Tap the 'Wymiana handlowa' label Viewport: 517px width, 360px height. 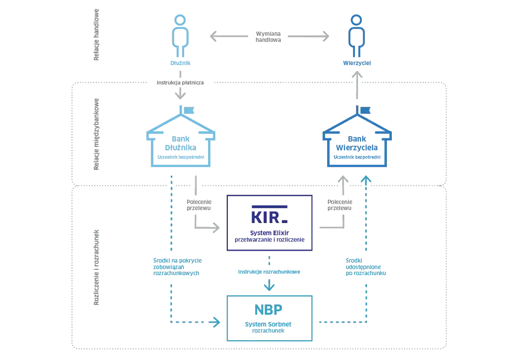click(268, 37)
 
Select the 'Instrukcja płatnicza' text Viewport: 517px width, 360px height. click(180, 83)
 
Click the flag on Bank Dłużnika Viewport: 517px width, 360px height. click(189, 110)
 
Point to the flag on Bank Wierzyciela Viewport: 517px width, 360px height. click(366, 110)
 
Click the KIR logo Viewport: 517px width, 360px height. click(269, 214)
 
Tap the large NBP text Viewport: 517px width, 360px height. click(268, 309)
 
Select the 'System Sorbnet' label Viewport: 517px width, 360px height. click(268, 324)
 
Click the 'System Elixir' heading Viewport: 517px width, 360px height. click(269, 233)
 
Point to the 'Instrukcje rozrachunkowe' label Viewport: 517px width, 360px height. click(269, 272)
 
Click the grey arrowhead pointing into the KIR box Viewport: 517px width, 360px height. click(216, 228)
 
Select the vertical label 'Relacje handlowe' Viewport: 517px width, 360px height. click(96, 35)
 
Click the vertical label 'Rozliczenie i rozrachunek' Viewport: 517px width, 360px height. click(96, 267)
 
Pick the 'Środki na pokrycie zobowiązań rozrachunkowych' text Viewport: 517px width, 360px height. click(177, 267)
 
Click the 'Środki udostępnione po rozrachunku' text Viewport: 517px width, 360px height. click(366, 267)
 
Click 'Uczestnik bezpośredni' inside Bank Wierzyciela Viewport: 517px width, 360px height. click(357, 157)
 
